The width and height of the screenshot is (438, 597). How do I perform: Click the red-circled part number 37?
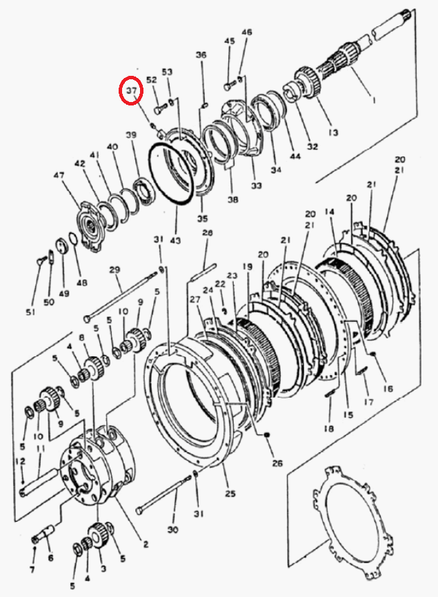[x=131, y=90]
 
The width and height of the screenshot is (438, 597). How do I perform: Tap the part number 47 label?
[x=59, y=175]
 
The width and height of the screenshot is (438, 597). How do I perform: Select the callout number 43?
[x=175, y=240]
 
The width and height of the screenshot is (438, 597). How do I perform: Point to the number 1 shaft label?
[x=374, y=100]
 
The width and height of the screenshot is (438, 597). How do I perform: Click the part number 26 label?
[x=277, y=463]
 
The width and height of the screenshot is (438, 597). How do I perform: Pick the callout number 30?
[x=172, y=529]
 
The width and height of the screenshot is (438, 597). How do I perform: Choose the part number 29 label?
[x=115, y=270]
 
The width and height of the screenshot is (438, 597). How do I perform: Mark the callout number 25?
[x=230, y=494]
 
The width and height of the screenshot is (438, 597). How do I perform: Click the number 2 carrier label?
[x=146, y=545]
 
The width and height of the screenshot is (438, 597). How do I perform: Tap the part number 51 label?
[x=30, y=312]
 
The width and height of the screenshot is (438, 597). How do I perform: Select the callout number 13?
[x=333, y=132]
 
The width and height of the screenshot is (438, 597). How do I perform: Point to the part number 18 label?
[x=328, y=428]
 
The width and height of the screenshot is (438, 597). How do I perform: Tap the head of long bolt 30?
[x=139, y=511]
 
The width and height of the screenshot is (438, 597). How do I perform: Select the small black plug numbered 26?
[x=267, y=435]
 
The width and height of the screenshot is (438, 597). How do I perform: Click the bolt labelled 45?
[x=228, y=87]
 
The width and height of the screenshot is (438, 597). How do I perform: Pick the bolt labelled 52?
[x=159, y=108]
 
